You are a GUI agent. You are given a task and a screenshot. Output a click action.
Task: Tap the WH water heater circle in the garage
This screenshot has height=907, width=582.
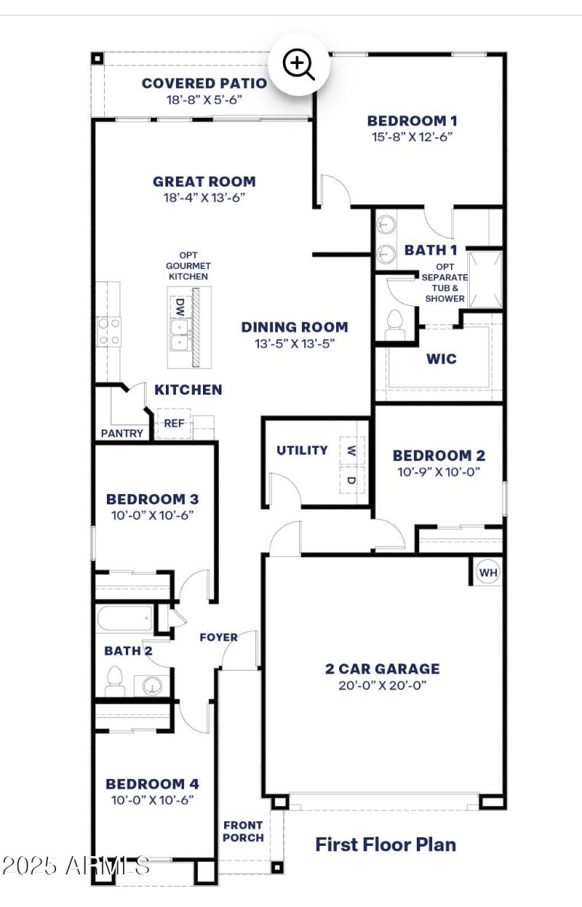pos(488,573)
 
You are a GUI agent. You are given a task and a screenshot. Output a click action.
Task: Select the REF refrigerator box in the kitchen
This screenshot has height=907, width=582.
pos(174,424)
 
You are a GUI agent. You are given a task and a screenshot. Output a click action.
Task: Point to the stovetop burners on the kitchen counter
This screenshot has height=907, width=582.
pos(109,331)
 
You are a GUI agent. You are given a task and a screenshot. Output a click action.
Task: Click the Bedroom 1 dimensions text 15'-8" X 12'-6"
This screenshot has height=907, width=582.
pos(412,136)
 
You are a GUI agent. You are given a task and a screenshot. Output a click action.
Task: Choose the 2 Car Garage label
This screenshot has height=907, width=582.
pos(382,669)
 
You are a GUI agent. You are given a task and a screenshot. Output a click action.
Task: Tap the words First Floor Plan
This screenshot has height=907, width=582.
pos(386,844)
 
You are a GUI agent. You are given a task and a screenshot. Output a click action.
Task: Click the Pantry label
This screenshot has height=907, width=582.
pos(121,433)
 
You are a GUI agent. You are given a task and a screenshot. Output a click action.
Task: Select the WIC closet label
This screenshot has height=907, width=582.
pos(442,358)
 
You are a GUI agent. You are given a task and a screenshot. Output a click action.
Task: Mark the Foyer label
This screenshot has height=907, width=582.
pos(218,637)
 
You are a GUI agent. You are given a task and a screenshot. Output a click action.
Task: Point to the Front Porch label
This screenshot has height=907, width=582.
pos(243,831)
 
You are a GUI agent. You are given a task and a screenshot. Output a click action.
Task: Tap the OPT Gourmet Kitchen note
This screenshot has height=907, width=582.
pos(188,266)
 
